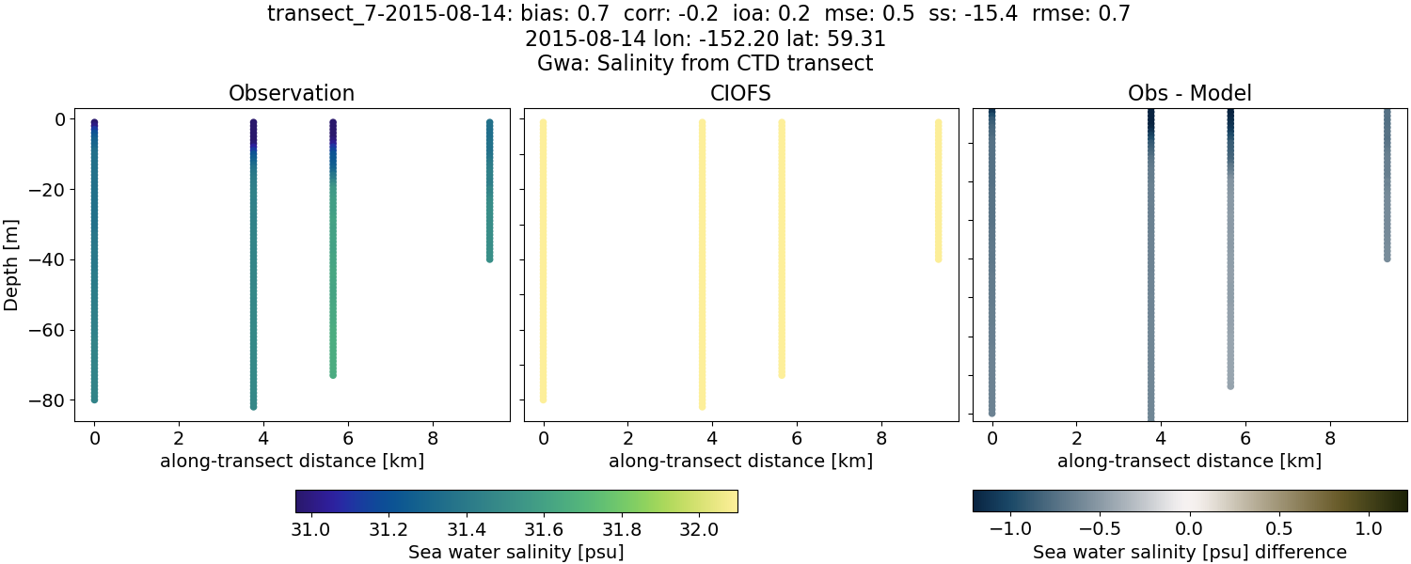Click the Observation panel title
point(292,94)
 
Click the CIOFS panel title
point(740,94)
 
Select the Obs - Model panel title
point(1189,94)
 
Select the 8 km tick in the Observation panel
point(432,437)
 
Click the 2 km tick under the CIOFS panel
point(627,437)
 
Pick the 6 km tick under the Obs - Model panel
point(1245,437)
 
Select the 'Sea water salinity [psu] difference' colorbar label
point(1189,552)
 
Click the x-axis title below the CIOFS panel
point(740,461)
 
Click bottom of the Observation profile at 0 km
point(94,399)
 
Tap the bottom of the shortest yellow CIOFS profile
point(938,258)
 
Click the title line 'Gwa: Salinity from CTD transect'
point(705,64)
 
